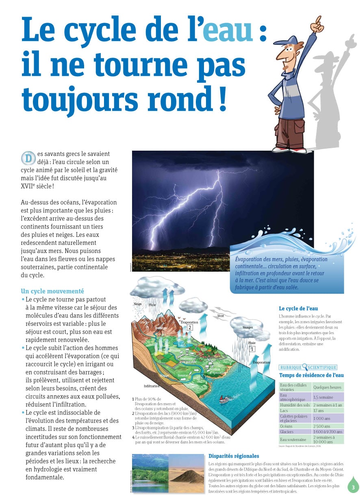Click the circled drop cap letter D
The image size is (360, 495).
click(x=28, y=158)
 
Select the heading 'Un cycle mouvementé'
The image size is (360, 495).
click(x=52, y=291)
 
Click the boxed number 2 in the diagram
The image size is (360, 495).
click(x=190, y=328)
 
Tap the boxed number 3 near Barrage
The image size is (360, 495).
click(x=160, y=333)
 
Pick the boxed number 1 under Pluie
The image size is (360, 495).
click(x=252, y=348)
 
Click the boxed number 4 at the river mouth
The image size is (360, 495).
click(x=204, y=376)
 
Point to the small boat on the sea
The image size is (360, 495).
click(x=223, y=400)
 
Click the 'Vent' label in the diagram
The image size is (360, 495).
click(x=221, y=316)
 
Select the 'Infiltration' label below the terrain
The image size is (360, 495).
click(x=152, y=386)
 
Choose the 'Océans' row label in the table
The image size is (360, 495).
click(x=286, y=426)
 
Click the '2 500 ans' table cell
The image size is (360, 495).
click(x=321, y=426)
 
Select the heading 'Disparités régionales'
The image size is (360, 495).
click(x=234, y=456)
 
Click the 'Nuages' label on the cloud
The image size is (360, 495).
click(x=247, y=327)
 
